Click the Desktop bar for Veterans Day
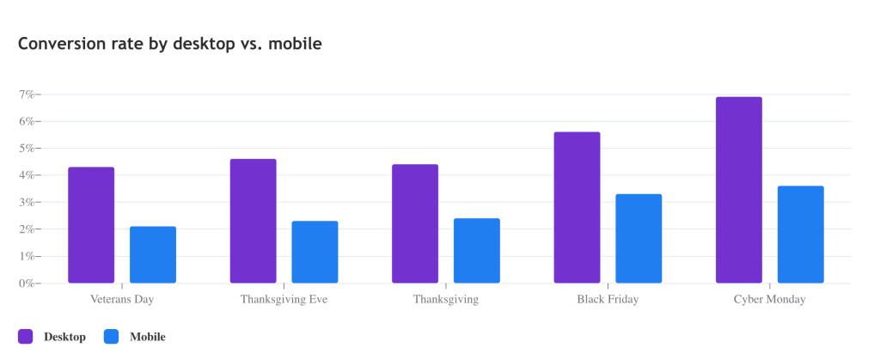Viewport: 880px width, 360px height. [x=91, y=225]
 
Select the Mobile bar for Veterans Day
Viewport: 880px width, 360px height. [x=153, y=255]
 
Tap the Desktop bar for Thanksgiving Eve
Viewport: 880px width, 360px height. [x=253, y=221]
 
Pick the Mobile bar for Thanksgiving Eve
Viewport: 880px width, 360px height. [x=315, y=253]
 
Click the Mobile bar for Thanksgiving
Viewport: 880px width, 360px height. [x=477, y=251]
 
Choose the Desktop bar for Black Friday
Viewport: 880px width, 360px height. [x=577, y=208]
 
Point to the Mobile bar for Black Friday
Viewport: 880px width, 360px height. [x=639, y=239]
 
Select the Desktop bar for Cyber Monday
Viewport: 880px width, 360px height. [x=739, y=190]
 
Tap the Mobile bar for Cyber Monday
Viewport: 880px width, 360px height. [x=801, y=235]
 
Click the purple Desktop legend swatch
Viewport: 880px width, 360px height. [x=25, y=337]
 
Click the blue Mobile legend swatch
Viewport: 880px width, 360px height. [x=111, y=337]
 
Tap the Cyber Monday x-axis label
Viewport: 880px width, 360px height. [x=769, y=300]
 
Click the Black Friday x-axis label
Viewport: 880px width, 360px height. [x=608, y=300]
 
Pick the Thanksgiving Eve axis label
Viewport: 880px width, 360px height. [x=284, y=300]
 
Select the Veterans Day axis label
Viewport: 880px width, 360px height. [x=122, y=300]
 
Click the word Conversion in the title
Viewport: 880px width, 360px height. [x=58, y=43]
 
